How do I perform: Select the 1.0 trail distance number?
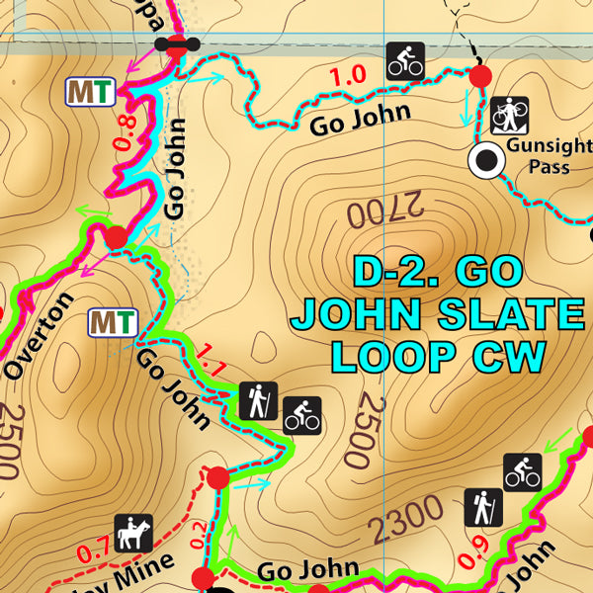[x=347, y=75]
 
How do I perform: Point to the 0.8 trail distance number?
[x=127, y=130]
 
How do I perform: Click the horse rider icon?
[x=132, y=534]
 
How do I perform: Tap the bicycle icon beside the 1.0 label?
[x=405, y=61]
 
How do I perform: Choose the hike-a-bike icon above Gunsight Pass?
[x=509, y=115]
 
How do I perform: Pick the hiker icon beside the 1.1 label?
[x=259, y=400]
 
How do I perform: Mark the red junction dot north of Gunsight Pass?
[x=480, y=76]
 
